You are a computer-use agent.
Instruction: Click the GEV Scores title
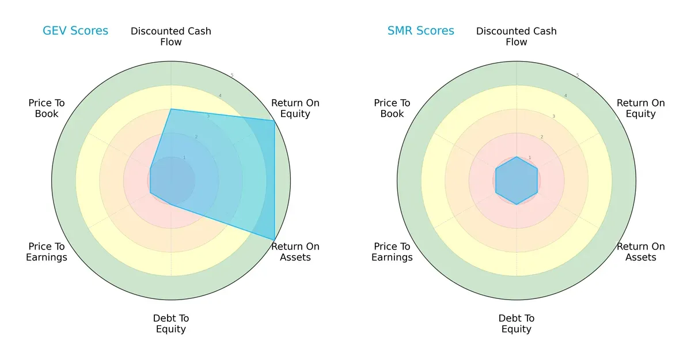pos(75,31)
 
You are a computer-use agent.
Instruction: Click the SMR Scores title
pos(421,31)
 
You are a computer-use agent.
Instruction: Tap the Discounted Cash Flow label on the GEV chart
pos(171,36)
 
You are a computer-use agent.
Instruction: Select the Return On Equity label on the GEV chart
pos(295,108)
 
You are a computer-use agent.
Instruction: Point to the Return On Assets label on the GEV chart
pos(295,252)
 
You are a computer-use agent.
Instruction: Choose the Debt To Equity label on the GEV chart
pos(171,324)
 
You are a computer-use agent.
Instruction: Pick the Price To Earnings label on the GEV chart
pos(47,252)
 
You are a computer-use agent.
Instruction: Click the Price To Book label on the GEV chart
pos(47,108)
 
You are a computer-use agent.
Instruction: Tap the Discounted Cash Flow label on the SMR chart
pos(517,36)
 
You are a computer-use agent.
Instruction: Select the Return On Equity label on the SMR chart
pos(641,108)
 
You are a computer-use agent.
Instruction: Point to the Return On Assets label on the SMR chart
pos(641,252)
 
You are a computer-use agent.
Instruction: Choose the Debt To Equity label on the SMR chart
pos(517,324)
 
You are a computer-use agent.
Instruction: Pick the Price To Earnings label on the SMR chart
pos(392,252)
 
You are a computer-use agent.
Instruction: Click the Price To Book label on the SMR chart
pos(392,108)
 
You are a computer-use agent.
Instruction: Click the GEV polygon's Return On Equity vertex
pos(274,120)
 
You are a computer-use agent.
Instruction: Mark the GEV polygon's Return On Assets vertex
pos(274,240)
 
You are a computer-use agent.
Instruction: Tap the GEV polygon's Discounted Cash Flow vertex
pos(171,109)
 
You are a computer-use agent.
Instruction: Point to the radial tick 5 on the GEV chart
pos(232,75)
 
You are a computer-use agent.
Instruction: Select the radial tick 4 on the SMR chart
pos(565,96)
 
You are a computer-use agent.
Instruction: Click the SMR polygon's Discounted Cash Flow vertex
pos(517,157)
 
